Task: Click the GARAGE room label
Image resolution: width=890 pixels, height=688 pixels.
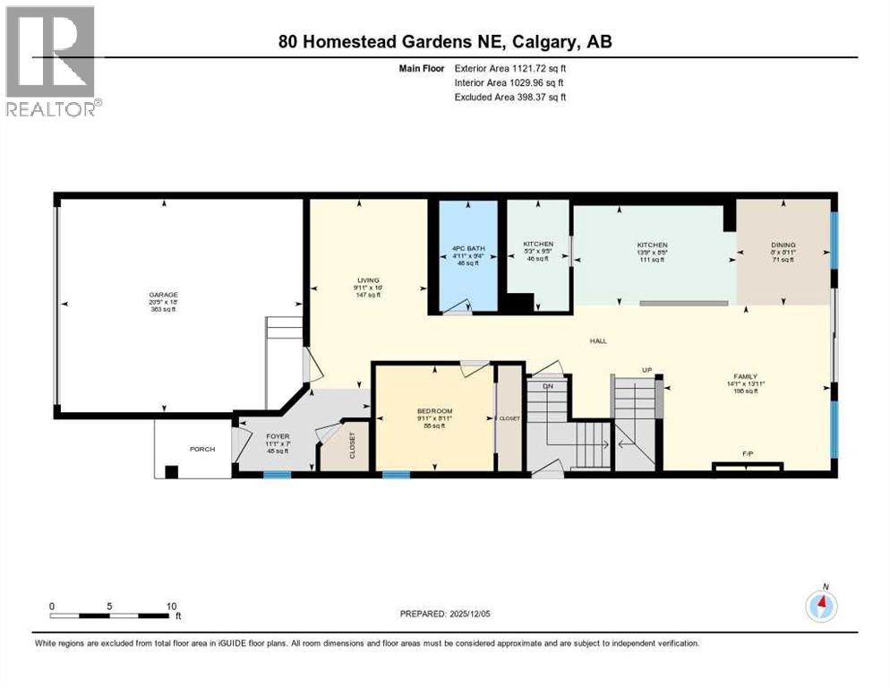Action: (163, 295)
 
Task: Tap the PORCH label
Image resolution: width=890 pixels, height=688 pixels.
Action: (201, 449)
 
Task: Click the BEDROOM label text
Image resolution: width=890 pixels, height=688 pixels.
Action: (433, 411)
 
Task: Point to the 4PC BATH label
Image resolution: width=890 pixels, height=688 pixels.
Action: (467, 248)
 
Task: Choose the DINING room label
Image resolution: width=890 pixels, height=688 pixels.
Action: (783, 245)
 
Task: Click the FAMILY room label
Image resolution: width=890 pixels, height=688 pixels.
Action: (745, 376)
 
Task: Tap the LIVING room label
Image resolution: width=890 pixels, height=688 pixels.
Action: (369, 280)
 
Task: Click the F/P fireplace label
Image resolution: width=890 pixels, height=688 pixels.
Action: (747, 454)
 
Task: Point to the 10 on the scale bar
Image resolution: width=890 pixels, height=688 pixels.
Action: (171, 606)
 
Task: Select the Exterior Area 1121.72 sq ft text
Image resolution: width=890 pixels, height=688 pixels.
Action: (510, 67)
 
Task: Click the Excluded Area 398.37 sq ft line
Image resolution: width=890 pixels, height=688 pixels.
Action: (510, 97)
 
